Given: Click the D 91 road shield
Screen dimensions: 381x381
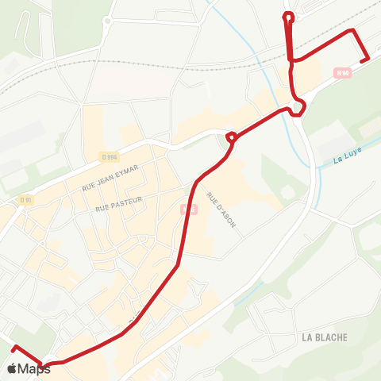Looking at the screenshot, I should point(26,199).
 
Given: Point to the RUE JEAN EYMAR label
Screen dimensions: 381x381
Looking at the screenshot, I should point(110,178).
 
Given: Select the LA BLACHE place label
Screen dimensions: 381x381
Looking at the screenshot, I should point(325,337).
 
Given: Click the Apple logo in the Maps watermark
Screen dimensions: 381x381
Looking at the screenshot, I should point(12,368).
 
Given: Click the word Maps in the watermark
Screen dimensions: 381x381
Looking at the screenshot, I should point(35,368).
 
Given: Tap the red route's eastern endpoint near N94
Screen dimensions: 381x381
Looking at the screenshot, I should point(368,60).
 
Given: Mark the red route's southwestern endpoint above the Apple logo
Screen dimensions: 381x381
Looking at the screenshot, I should point(11,347).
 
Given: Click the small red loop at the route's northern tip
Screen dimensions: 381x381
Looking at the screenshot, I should point(288,15).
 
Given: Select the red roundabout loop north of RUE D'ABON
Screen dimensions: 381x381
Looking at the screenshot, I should point(231,138).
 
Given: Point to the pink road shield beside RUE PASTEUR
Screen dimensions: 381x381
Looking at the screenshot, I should point(187,209).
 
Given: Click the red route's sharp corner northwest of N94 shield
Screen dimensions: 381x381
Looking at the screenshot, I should point(353,30).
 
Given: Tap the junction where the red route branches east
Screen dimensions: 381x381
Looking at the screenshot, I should point(292,60).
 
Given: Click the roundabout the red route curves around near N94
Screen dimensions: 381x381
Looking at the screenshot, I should point(298,107).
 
